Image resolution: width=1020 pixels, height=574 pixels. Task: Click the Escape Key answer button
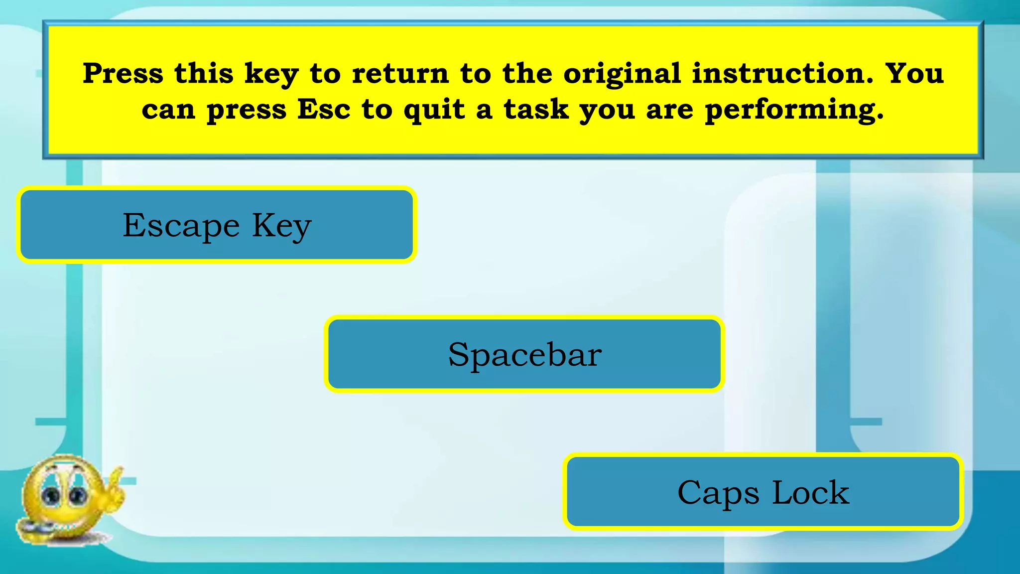coord(217,225)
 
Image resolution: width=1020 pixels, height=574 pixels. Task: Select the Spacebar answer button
coord(524,354)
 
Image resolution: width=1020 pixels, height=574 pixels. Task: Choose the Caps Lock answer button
coord(763,492)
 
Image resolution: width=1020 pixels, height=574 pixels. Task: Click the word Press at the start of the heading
coord(123,73)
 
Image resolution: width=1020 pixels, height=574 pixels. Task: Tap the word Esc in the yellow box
coord(324,109)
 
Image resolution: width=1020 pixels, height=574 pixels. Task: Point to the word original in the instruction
coord(622,73)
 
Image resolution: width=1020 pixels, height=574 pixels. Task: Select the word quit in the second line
coord(435,109)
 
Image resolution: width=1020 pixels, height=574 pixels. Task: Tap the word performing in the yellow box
coord(794,110)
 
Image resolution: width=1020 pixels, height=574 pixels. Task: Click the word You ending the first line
coord(914,73)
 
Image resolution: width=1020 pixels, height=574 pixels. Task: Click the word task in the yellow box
coord(536,109)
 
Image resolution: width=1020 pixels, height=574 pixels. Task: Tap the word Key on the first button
coord(282,226)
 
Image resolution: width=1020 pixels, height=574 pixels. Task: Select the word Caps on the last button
coord(718,493)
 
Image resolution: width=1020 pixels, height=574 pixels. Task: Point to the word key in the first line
coord(271,74)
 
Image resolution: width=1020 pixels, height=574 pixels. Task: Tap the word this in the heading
coord(204,73)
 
